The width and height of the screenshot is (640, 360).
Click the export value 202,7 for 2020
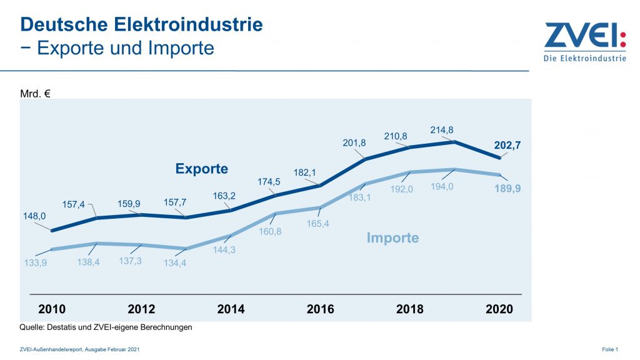coord(507,145)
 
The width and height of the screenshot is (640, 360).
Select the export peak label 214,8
coord(442,130)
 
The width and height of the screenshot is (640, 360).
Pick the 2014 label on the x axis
coord(231,309)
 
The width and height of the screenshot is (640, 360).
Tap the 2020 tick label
coord(499,309)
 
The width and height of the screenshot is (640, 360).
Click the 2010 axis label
coord(52,309)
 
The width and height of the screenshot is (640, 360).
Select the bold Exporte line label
coord(202,169)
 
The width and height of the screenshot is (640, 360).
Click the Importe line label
coord(392,237)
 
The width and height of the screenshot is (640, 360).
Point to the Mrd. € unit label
coord(35,94)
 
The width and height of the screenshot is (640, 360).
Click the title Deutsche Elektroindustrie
coord(141,24)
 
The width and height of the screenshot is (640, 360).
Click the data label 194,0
coord(441,186)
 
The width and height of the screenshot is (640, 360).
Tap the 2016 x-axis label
coord(321,309)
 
